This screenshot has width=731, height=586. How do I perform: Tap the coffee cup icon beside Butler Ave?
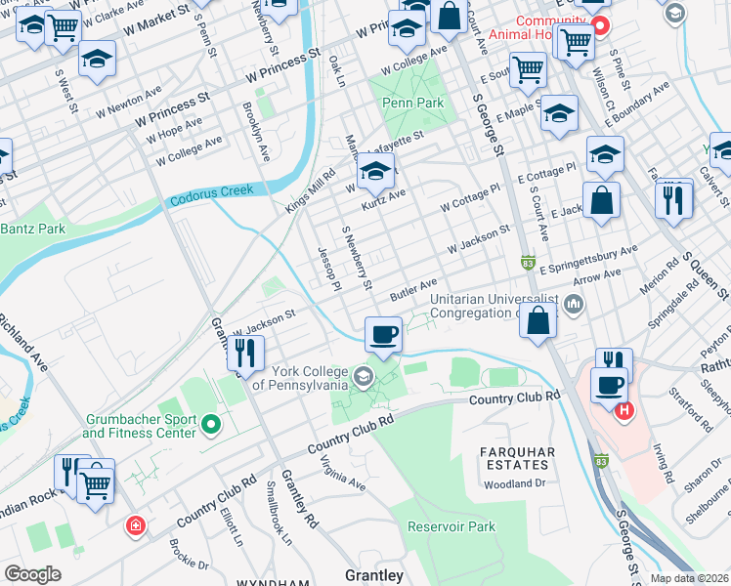tap(383, 334)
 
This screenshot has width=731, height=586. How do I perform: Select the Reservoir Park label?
tap(452, 526)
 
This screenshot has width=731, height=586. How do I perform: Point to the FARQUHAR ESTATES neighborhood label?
tap(518, 459)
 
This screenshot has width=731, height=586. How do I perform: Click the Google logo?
tap(32, 574)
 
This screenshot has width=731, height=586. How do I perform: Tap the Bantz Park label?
tap(32, 229)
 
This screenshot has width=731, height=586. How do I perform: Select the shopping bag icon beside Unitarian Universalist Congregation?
tap(537, 320)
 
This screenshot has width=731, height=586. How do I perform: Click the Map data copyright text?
tap(689, 578)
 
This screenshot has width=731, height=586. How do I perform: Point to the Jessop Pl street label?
tap(327, 267)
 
